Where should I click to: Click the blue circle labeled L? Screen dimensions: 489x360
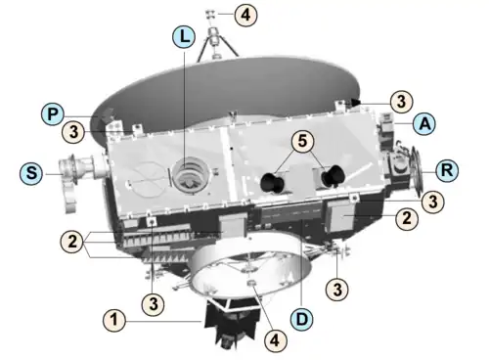[184, 36]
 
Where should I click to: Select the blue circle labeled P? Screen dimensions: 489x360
[53, 113]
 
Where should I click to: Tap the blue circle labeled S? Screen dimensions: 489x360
[31, 173]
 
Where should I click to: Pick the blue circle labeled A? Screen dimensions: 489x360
[424, 123]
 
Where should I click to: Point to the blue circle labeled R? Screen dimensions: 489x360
[447, 170]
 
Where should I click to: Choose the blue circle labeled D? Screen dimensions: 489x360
[302, 319]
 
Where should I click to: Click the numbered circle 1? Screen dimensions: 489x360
[114, 320]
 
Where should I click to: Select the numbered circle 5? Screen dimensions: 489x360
[302, 141]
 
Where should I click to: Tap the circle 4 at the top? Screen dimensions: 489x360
[245, 15]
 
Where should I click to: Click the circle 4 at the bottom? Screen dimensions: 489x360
[275, 340]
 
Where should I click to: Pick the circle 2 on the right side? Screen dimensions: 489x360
[407, 218]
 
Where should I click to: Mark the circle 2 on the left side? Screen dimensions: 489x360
[72, 242]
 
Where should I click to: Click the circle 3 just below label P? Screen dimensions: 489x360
[73, 132]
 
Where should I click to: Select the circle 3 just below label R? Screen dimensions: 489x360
[433, 202]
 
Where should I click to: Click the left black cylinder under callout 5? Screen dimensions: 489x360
[271, 183]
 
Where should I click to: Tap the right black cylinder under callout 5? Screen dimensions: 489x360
[333, 176]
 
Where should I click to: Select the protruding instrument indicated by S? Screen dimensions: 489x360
[78, 178]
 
